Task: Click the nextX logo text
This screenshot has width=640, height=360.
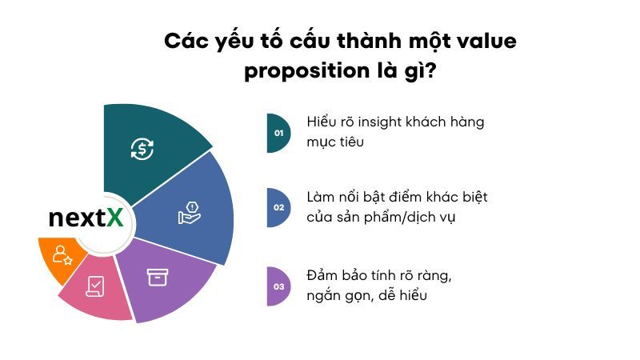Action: [86, 217]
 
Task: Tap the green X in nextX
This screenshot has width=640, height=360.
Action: [115, 217]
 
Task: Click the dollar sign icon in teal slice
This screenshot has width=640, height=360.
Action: [142, 148]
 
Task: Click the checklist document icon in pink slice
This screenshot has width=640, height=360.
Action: [95, 285]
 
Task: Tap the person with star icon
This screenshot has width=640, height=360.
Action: [62, 255]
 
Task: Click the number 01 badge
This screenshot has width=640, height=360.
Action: [278, 133]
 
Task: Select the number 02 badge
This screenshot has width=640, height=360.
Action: [278, 207]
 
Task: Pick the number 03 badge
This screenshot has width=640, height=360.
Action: [278, 286]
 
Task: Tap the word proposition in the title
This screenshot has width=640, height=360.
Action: [303, 71]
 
